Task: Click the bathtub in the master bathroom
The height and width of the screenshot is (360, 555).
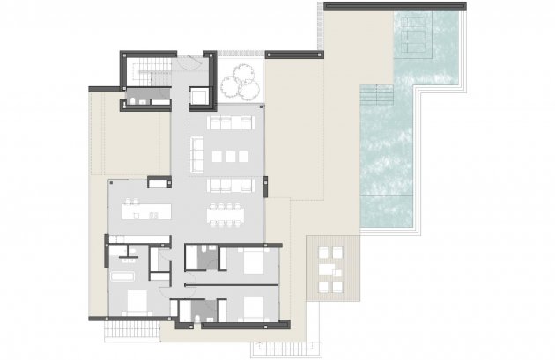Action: coord(122,276)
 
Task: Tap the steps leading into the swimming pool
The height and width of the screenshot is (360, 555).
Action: coord(377,94)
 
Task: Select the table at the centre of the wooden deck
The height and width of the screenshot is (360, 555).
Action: coord(329,269)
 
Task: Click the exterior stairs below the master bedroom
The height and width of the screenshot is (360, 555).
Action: coord(130,331)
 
